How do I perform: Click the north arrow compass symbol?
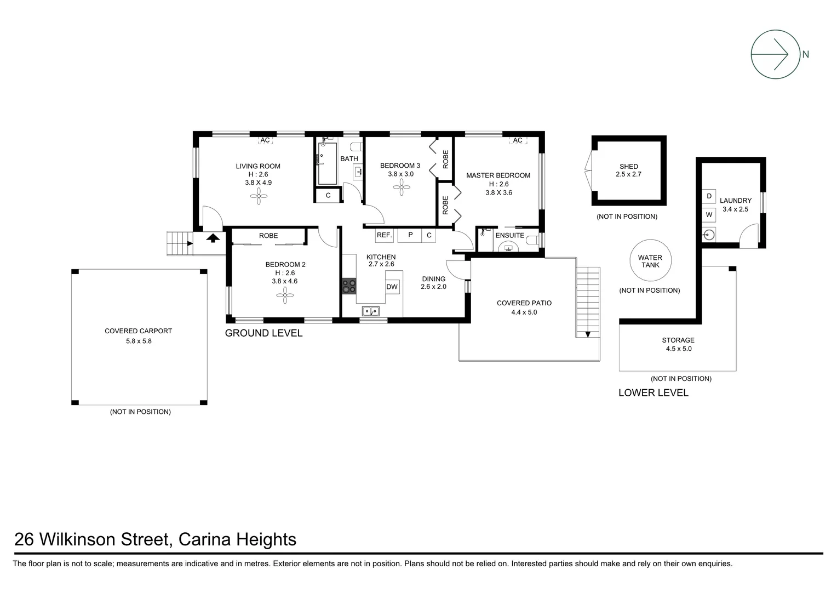(x=775, y=54)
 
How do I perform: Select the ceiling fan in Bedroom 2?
(x=285, y=296)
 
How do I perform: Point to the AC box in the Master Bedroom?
(x=517, y=140)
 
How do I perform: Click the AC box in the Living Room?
(x=265, y=140)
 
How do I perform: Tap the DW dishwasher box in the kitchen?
(x=392, y=287)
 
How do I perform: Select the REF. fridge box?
(x=384, y=235)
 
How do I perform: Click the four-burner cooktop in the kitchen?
(x=349, y=286)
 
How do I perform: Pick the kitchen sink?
(x=371, y=311)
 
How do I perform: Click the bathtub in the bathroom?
(x=327, y=164)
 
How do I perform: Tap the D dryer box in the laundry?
(x=709, y=196)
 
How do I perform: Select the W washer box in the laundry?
(x=709, y=214)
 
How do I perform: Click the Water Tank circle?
(x=650, y=261)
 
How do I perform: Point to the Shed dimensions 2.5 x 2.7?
(x=628, y=174)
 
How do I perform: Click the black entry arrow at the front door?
(x=213, y=237)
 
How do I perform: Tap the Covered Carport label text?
(x=138, y=331)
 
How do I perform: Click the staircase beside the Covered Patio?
(x=587, y=301)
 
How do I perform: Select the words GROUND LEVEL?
(x=263, y=333)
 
